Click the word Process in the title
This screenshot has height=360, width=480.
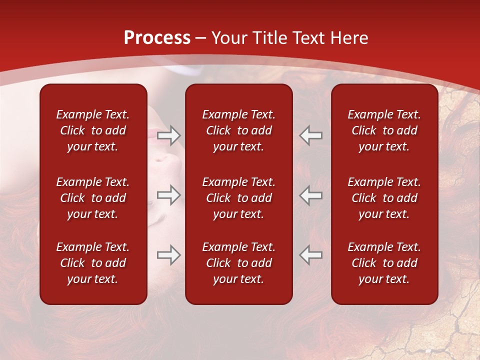point(157,38)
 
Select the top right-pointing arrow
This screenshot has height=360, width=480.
point(169,135)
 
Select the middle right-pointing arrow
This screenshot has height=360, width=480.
point(169,195)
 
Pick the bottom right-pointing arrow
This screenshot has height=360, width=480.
point(169,255)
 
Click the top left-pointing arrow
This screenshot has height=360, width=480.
point(311,135)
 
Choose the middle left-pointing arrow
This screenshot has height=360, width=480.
point(311,195)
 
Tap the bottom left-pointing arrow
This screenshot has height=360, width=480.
point(311,255)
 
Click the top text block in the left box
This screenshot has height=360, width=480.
point(93,130)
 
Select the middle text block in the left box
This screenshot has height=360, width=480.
point(93,198)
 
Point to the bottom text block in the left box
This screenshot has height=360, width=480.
point(93,263)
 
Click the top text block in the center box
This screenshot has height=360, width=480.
point(239,130)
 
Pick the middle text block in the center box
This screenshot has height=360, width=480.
point(239,198)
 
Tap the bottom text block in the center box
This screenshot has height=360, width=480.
point(239,263)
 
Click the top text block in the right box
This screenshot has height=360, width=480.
point(384,130)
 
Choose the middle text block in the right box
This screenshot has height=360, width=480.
point(384,198)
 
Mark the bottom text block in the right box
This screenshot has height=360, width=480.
point(384,263)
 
